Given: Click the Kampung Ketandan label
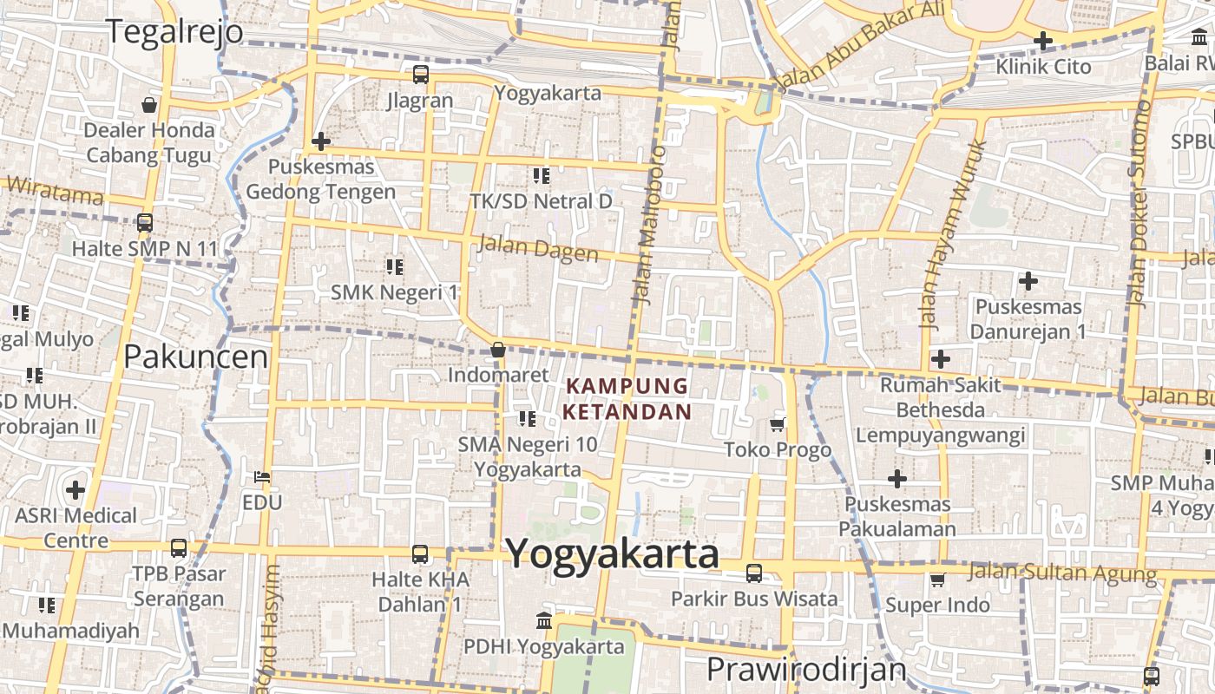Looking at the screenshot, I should [627, 398].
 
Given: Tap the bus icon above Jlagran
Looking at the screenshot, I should [421, 75].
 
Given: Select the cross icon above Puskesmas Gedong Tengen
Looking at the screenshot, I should [321, 141].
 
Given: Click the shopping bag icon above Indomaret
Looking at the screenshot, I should [498, 350].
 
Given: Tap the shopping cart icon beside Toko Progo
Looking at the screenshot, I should [778, 424].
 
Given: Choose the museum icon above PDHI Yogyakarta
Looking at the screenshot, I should [544, 620].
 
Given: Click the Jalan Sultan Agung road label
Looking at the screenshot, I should [1062, 572].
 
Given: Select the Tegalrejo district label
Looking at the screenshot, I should [174, 30].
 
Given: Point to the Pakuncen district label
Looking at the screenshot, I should [195, 356].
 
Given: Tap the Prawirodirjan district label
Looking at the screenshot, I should [806, 670].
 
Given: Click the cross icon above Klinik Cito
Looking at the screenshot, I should [1043, 40].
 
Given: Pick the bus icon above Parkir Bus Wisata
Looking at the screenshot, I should [754, 573].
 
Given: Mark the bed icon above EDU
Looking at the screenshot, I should [262, 477].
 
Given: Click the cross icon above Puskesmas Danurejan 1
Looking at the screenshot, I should [1028, 281].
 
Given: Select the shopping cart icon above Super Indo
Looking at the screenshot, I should [937, 579].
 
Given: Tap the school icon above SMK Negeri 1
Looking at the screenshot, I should [395, 266].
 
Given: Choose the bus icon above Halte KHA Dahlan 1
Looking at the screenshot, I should [420, 553].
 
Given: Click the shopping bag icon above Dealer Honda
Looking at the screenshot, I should [149, 106].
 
